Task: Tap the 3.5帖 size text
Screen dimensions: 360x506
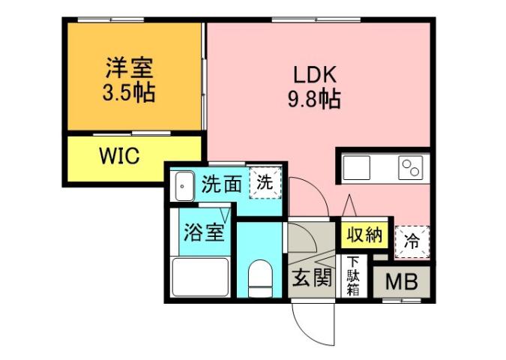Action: [x=129, y=94]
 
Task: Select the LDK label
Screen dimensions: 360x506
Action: [x=314, y=75]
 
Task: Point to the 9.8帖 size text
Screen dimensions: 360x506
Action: [x=315, y=99]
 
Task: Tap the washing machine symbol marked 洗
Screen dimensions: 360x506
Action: [x=264, y=181]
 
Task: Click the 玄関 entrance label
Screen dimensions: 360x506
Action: [x=311, y=278]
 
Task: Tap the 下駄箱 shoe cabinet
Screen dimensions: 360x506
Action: [x=353, y=277]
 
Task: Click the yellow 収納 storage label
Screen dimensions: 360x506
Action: [x=365, y=235]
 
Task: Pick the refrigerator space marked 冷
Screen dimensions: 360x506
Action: [x=412, y=239]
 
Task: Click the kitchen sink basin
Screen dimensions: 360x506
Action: [x=357, y=166]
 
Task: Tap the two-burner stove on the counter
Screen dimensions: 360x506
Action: [x=410, y=166]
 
